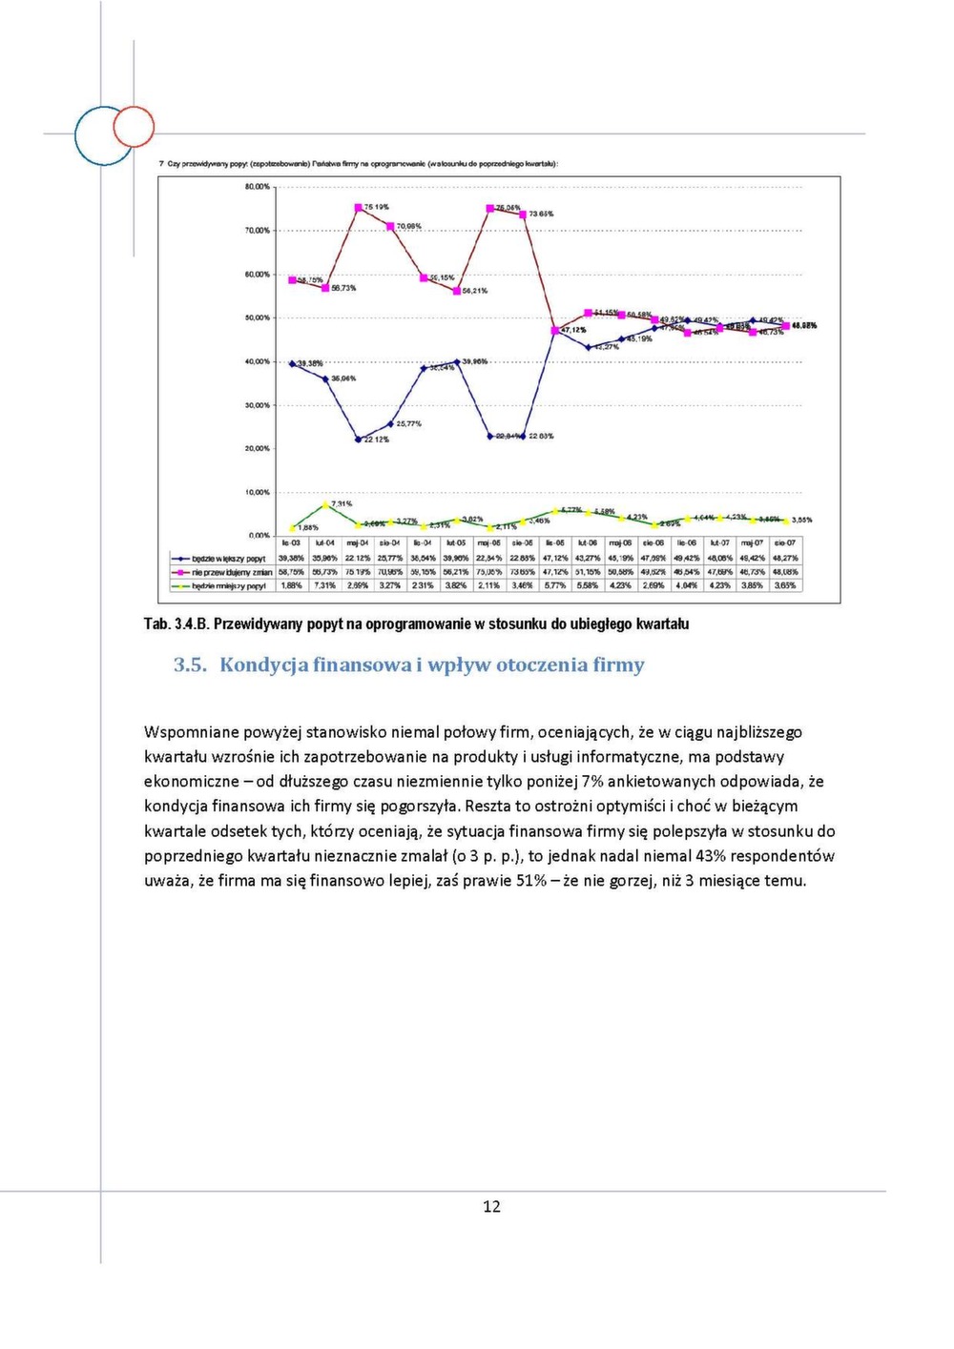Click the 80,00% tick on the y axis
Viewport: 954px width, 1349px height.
tap(258, 187)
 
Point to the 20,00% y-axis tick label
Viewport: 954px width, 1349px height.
tap(258, 448)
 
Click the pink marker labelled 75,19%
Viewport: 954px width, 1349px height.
tap(359, 207)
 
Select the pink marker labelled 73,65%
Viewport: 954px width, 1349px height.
tap(523, 215)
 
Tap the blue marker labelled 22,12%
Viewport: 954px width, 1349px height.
tap(359, 439)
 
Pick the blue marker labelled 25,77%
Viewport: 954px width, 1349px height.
tap(391, 423)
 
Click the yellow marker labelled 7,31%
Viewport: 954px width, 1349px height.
tap(326, 504)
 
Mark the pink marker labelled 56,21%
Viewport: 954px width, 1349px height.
tap(457, 291)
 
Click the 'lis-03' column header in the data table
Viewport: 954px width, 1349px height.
tap(291, 543)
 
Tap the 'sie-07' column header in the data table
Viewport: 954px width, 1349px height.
tap(785, 543)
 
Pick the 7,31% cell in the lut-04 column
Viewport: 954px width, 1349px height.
tap(325, 585)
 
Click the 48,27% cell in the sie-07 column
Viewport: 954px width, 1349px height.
tap(785, 559)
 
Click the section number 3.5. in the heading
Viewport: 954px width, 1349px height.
tap(190, 665)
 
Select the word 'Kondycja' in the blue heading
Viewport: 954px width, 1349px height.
tap(264, 665)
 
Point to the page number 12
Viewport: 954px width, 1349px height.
tap(491, 1207)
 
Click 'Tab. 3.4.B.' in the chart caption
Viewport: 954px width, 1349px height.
tap(176, 623)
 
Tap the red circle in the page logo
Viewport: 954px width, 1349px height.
tap(135, 127)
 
